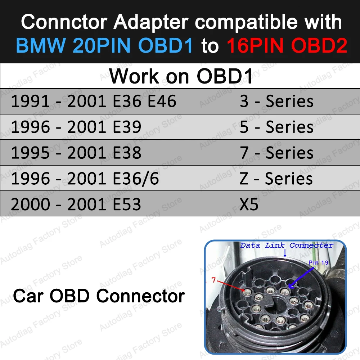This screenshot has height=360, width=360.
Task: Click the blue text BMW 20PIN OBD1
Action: [104, 46]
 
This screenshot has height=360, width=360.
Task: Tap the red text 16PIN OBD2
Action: [287, 46]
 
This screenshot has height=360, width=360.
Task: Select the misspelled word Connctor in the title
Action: [64, 22]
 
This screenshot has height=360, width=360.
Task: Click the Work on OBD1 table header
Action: [181, 76]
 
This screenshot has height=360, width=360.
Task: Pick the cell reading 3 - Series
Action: [276, 102]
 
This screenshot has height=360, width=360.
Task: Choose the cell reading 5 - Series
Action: [276, 127]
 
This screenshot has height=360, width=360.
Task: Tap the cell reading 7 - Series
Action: [276, 153]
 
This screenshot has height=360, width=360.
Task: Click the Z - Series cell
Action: [276, 179]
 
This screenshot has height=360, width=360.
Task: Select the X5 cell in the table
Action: [249, 204]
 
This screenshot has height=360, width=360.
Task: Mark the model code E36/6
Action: [136, 179]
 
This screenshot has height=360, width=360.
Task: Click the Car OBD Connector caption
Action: [99, 296]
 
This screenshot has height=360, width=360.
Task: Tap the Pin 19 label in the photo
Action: [318, 262]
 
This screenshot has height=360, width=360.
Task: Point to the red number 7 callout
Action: [213, 280]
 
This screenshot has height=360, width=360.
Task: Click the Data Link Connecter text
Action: [287, 245]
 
